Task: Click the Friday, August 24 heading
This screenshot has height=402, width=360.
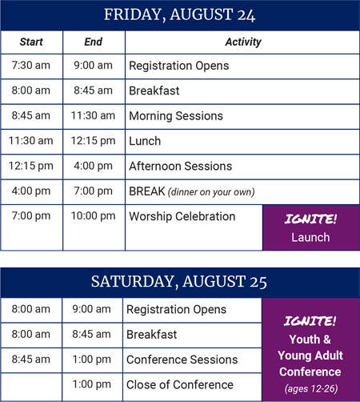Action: (x=179, y=15)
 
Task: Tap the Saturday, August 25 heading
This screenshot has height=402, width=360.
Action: (x=179, y=282)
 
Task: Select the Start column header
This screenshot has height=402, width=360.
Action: (x=31, y=42)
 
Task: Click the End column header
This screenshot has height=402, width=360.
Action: (x=94, y=42)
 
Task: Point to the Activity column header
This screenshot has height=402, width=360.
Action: (x=243, y=42)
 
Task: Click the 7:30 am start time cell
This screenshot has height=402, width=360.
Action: (x=31, y=66)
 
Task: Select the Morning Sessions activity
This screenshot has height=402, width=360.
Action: (x=176, y=116)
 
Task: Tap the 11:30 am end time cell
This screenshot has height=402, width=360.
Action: (x=93, y=115)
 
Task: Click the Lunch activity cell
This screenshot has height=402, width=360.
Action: (x=145, y=141)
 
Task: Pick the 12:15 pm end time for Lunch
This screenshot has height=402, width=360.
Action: (x=93, y=141)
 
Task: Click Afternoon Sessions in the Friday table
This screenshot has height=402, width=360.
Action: (x=181, y=166)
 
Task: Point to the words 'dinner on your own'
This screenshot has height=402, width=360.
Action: (x=211, y=192)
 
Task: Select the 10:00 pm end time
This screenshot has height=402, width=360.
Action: (x=93, y=216)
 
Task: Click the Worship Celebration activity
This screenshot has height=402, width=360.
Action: (x=182, y=216)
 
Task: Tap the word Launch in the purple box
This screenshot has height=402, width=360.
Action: (x=310, y=237)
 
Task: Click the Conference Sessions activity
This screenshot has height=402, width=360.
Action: (x=182, y=360)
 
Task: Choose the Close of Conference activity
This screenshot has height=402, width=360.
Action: (x=180, y=384)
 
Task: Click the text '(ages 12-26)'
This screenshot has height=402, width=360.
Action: (x=311, y=388)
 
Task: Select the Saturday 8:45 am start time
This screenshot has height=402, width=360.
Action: (x=31, y=360)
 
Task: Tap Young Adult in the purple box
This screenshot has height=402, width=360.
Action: (x=310, y=356)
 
